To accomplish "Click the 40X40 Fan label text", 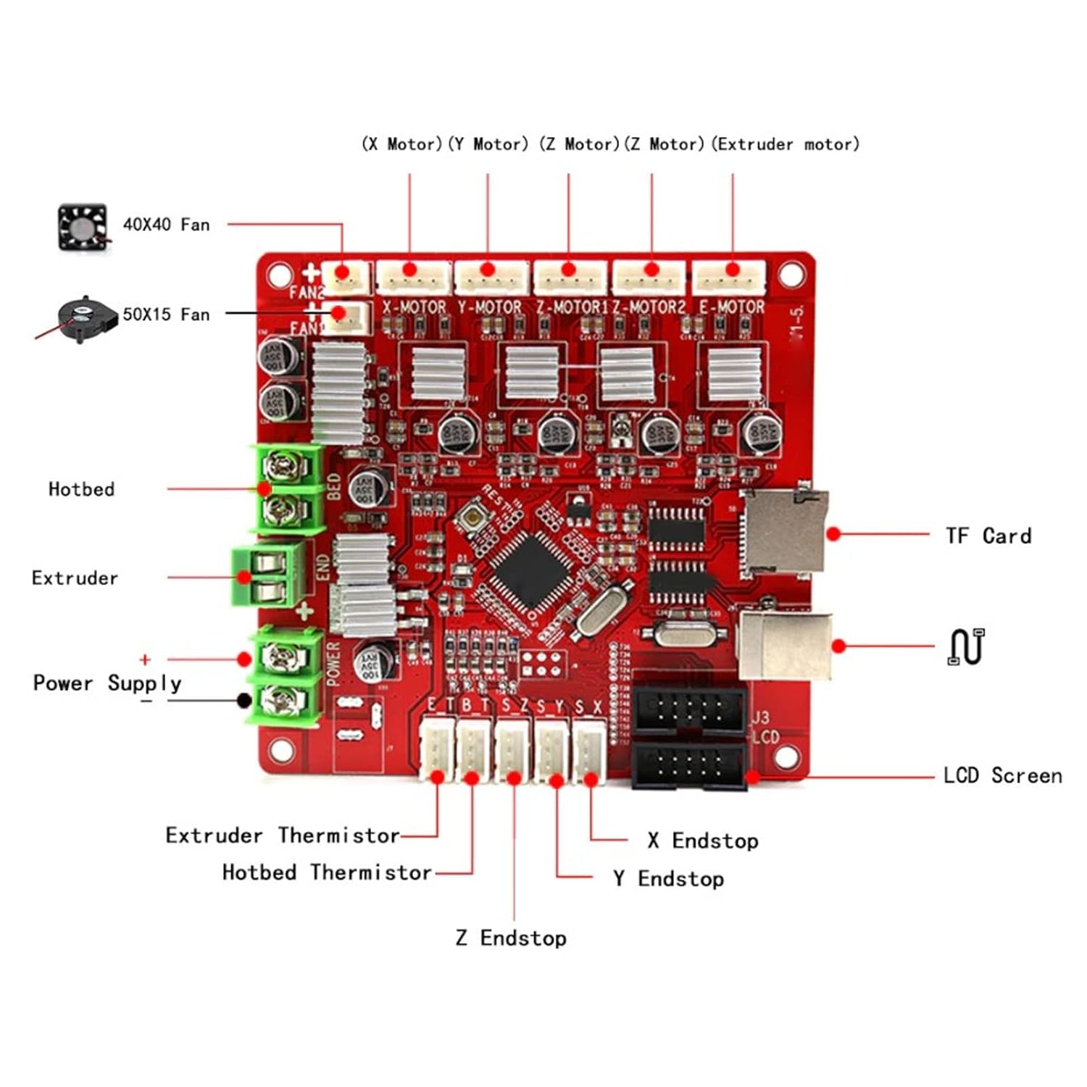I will (x=166, y=225).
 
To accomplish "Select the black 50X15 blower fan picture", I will (x=86, y=319).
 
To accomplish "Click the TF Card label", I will (x=988, y=536).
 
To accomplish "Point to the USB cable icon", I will (x=966, y=646).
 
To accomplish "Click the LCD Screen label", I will (x=1002, y=775).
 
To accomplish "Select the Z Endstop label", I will (x=511, y=938).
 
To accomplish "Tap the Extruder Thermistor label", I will (x=283, y=836).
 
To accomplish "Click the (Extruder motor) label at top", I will (x=785, y=144).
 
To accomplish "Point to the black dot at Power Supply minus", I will (x=244, y=700).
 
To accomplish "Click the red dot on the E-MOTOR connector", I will (x=732, y=270).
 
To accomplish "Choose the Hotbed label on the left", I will (x=81, y=489).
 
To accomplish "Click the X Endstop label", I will (x=703, y=841).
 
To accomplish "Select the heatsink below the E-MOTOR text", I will (x=735, y=372).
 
